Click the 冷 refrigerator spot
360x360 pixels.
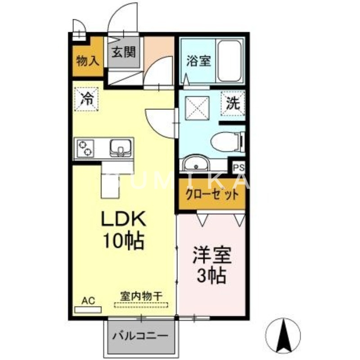(x=87, y=98)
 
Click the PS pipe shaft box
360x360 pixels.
(x=238, y=167)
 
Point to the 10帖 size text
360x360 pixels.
(x=122, y=242)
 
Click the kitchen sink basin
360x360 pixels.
(x=120, y=147)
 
